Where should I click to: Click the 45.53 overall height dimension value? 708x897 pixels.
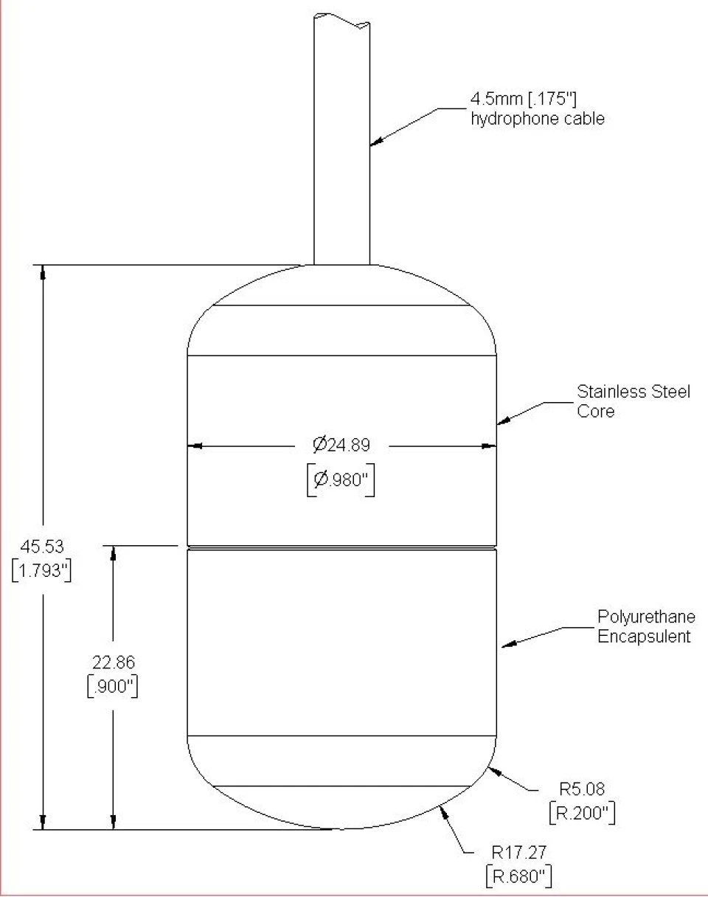pos(42,547)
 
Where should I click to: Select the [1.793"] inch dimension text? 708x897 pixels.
pos(42,571)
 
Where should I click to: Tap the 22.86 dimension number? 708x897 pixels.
pos(112,662)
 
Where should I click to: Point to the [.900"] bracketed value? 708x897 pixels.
pos(112,686)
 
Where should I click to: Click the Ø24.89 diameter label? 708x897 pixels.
pos(340,445)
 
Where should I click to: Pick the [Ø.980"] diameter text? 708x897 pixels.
pos(340,479)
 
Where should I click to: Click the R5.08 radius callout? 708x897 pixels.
pos(584,789)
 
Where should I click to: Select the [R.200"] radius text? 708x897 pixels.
pos(583,813)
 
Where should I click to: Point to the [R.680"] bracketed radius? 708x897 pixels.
pos(519,876)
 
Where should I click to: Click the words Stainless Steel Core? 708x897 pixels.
pos(634,401)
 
